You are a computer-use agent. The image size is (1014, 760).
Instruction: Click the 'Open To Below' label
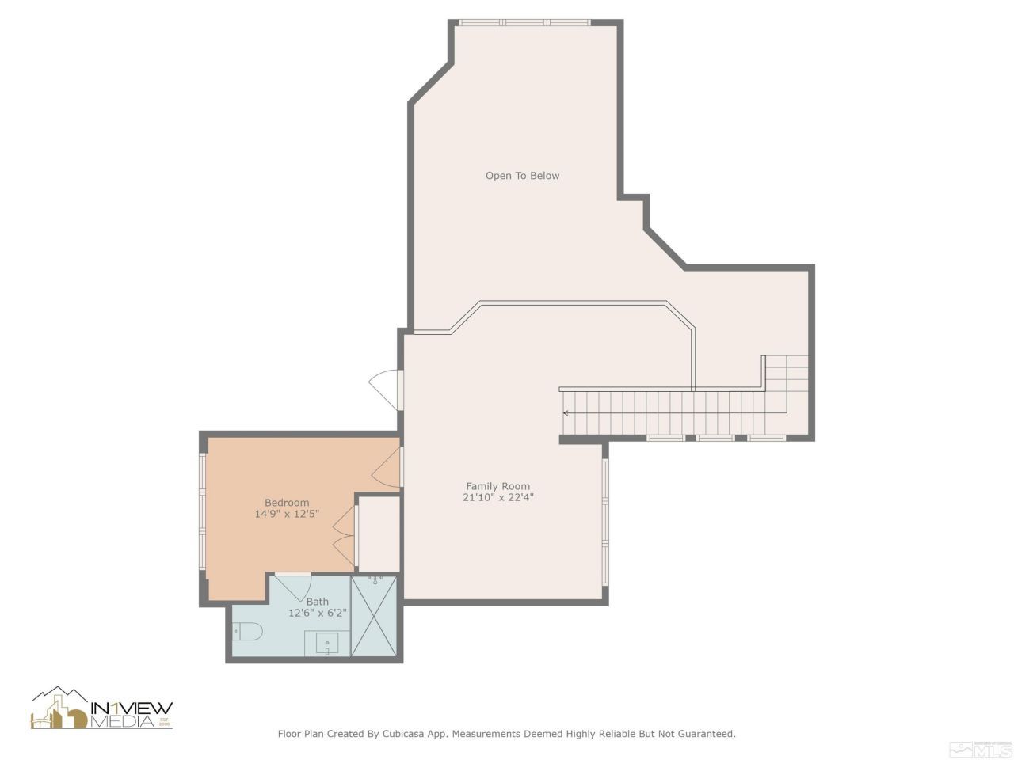(x=522, y=176)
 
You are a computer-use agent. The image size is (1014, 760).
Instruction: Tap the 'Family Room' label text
(x=497, y=486)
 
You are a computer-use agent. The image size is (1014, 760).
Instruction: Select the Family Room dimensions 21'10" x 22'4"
(x=497, y=498)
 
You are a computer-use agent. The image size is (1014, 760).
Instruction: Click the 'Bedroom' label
(x=287, y=503)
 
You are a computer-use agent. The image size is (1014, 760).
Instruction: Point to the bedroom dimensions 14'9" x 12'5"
(x=287, y=515)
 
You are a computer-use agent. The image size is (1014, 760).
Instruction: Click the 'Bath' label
(x=317, y=602)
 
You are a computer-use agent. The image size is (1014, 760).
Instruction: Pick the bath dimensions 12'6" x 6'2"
(x=317, y=613)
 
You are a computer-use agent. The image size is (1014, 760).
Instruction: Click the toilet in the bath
(x=247, y=632)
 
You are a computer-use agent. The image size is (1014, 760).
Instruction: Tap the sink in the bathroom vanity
(x=327, y=643)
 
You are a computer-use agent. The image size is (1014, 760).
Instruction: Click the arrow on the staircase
(x=566, y=413)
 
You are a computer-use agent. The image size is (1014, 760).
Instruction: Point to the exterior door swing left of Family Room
(x=383, y=387)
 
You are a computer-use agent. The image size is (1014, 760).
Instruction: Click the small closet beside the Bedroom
(x=379, y=534)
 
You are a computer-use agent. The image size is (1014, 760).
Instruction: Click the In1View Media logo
(x=101, y=709)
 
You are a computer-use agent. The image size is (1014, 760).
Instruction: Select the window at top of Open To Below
(x=524, y=23)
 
